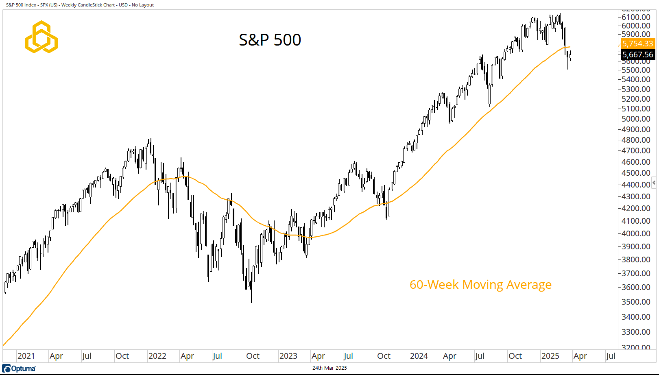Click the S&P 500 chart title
[270, 40]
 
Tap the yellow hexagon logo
[41, 37]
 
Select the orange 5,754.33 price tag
[637, 44]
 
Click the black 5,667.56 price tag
[637, 55]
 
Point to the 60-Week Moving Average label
[480, 285]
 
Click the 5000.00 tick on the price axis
[636, 119]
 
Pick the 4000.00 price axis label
[636, 233]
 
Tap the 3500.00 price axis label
[636, 302]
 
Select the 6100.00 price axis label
[636, 17]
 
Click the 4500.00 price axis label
[636, 173]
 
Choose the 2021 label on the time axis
[26, 356]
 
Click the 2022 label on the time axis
[157, 356]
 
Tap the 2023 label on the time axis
[288, 356]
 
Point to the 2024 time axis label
[419, 356]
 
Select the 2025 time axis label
[550, 356]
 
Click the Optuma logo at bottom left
[19, 368]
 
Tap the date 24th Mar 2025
[329, 368]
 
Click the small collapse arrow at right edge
[654, 182]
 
